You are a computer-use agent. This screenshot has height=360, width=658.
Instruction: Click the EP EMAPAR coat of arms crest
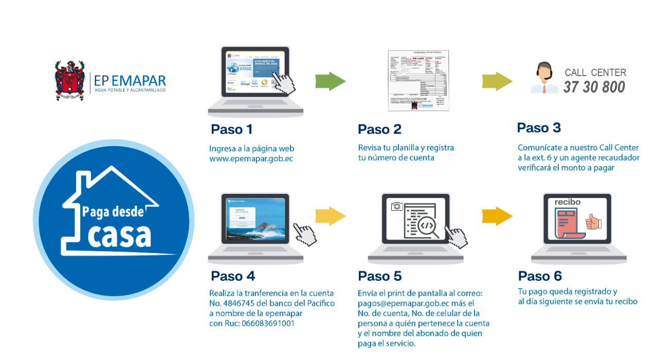coord(70,80)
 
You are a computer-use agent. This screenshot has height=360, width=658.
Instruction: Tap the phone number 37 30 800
coord(594,87)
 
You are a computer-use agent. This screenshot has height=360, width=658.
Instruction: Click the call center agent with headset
coord(545,78)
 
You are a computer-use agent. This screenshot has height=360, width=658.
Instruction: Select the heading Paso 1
coord(231,129)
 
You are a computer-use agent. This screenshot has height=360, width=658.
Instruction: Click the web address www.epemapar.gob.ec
coord(251,158)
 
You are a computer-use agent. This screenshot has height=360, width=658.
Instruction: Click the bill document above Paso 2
coord(418,80)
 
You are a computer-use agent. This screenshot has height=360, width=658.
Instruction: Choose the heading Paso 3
coord(539,128)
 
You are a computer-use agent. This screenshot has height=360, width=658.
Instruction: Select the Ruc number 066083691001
coord(266,323)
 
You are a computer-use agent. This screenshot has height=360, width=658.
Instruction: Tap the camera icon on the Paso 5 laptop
coord(396,207)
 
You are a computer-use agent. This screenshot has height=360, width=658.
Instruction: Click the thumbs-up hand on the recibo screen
coord(593,222)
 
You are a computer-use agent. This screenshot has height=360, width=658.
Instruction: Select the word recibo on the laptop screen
coord(568,202)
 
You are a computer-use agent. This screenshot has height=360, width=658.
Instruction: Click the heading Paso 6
coord(540,276)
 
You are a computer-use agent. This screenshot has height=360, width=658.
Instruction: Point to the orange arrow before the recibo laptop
coord(497,216)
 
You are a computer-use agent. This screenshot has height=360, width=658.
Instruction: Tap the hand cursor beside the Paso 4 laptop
coord(305,235)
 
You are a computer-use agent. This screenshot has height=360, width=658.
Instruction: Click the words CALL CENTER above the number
coord(595,73)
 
